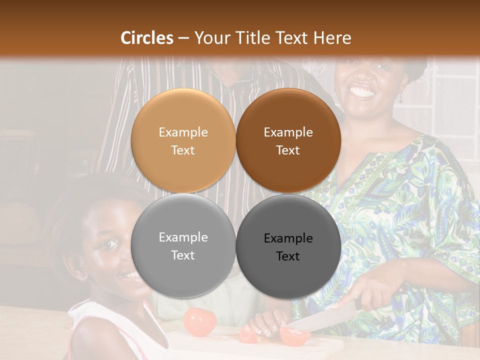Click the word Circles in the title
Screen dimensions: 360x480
click(x=146, y=37)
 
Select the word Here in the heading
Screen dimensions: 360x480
click(x=333, y=37)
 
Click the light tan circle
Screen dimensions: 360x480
click(x=183, y=141)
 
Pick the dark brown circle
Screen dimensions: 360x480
click(x=288, y=141)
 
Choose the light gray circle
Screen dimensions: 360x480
click(x=183, y=246)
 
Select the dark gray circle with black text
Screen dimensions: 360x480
click(x=288, y=246)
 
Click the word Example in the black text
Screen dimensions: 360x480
click(x=288, y=238)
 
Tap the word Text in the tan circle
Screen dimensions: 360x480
click(x=183, y=150)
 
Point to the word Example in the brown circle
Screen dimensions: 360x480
click(x=288, y=132)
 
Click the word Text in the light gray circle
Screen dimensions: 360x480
click(x=183, y=255)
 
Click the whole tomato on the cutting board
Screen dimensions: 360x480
click(x=199, y=322)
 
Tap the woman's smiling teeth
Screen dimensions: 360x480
click(x=361, y=92)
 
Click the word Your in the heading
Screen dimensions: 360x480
click(x=211, y=37)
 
